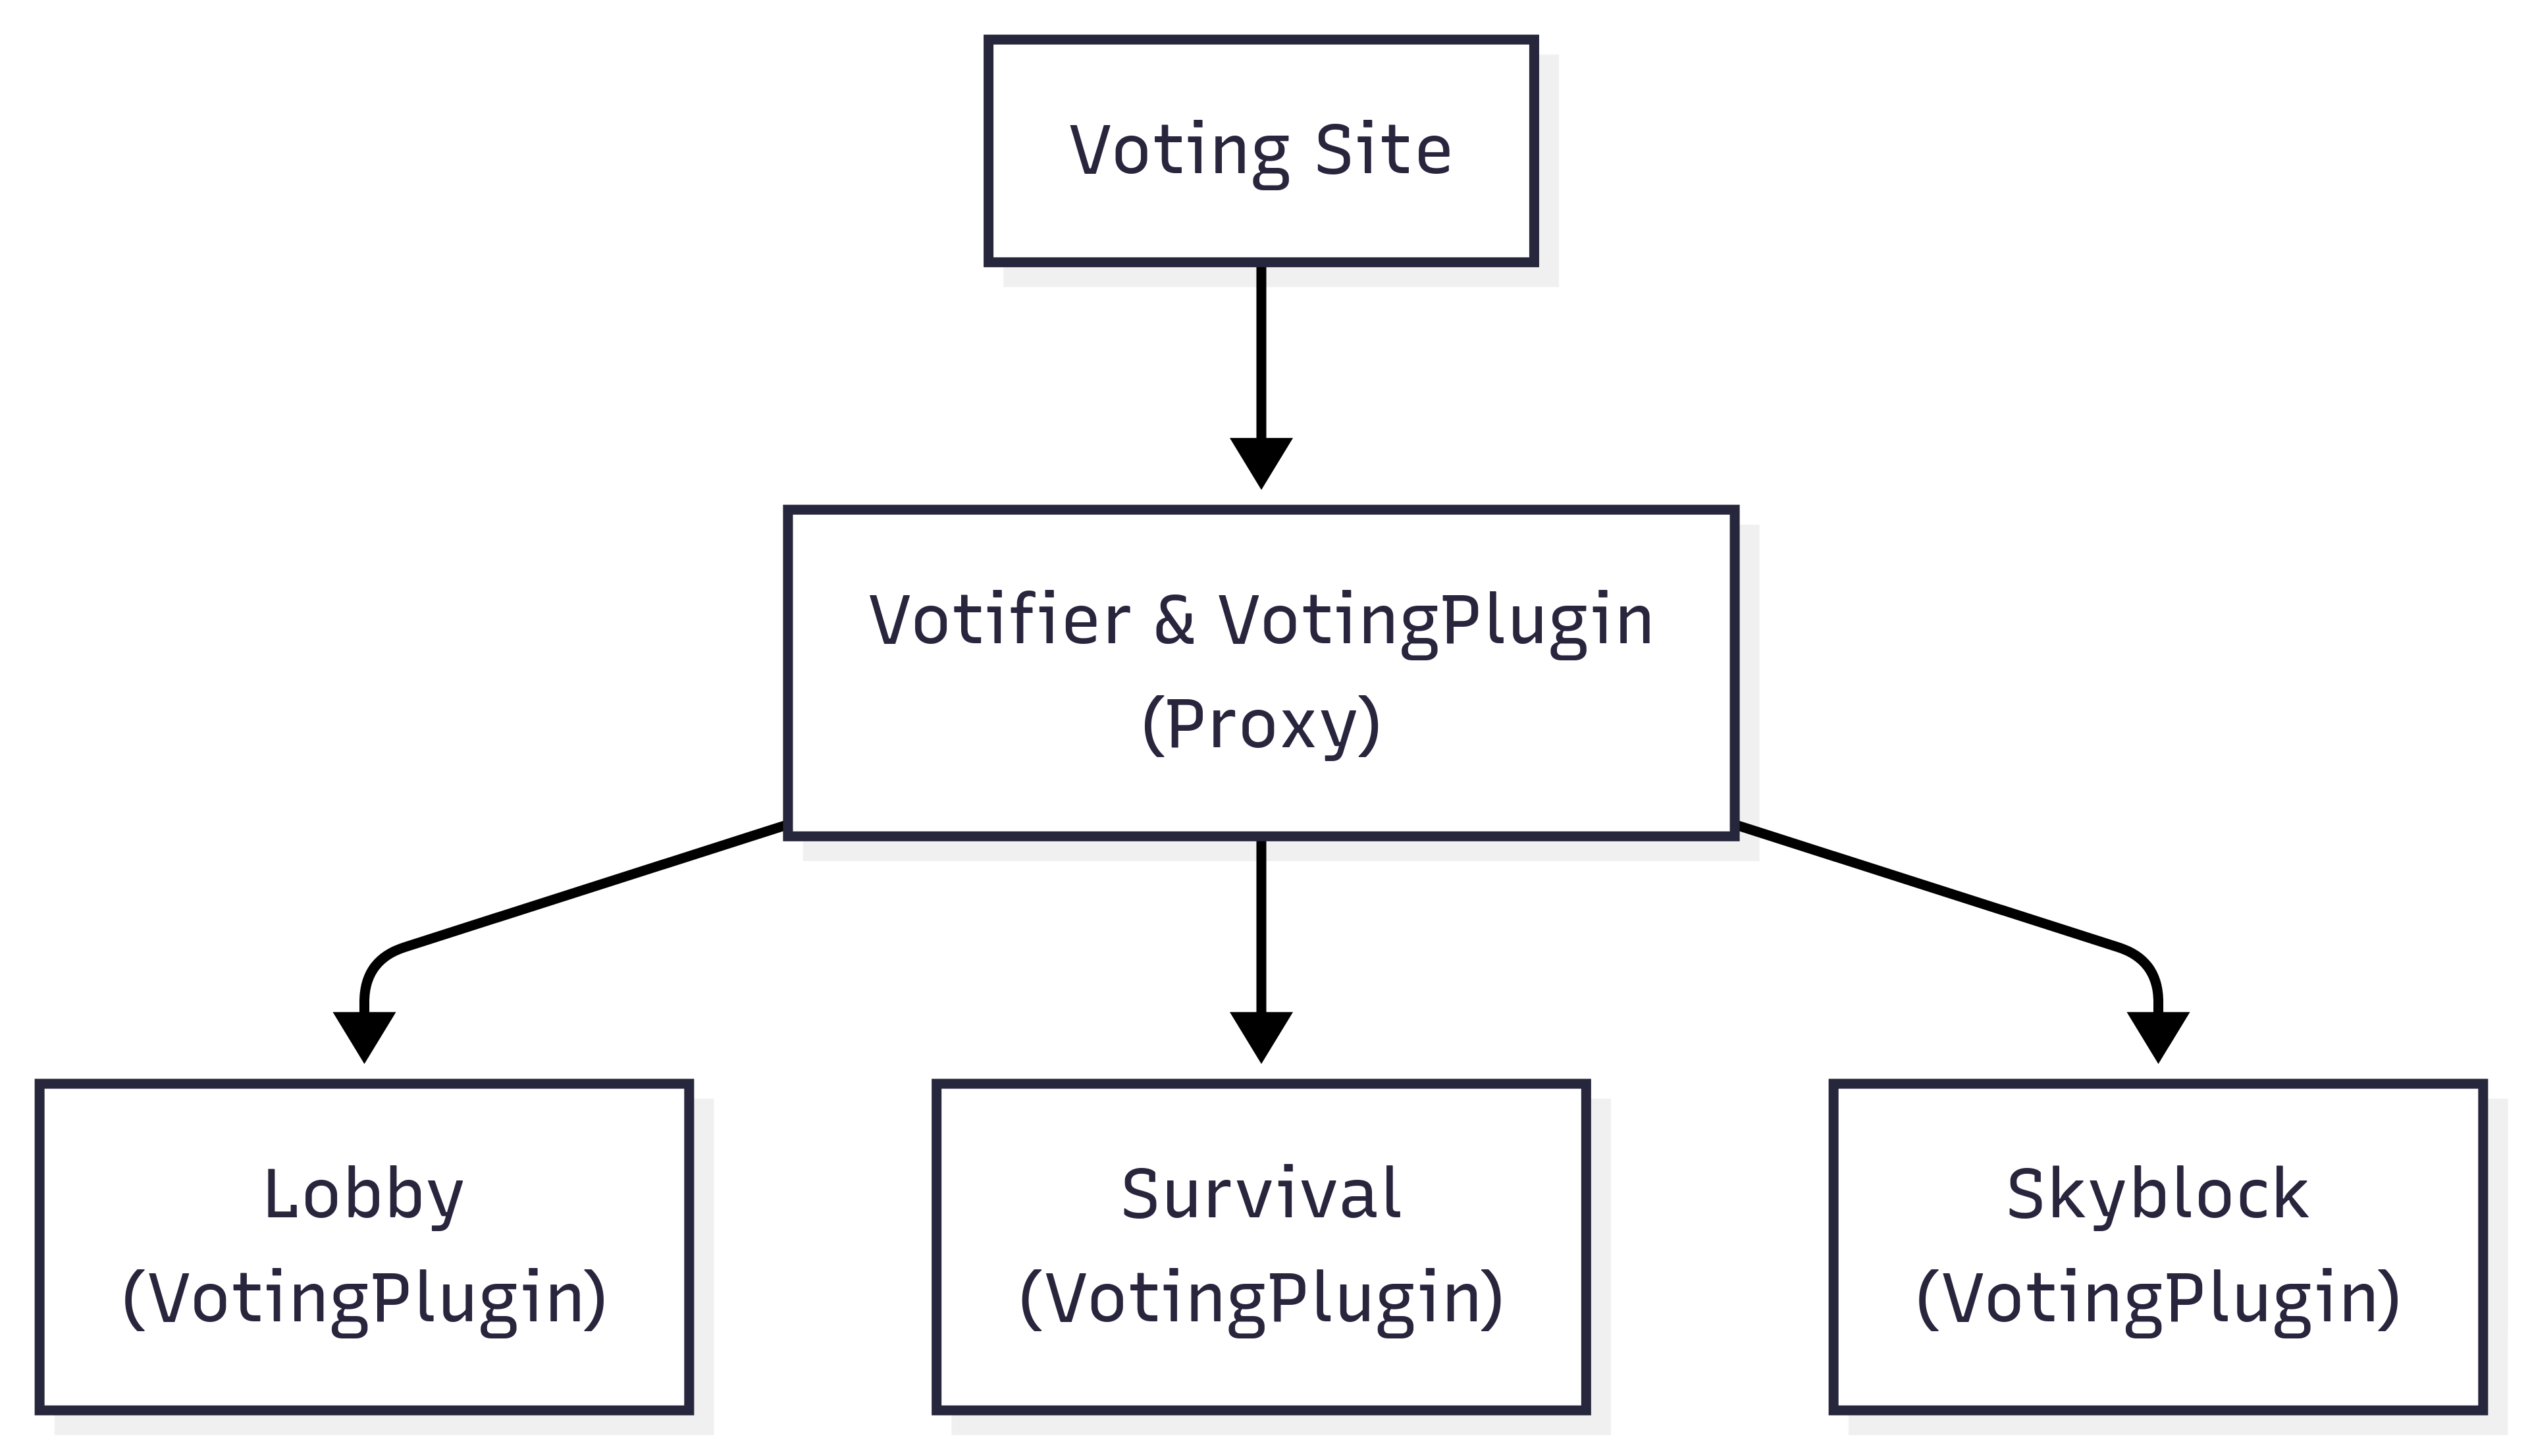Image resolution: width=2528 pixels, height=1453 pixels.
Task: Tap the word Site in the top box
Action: click(1382, 151)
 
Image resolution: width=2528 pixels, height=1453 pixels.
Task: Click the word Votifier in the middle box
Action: click(999, 621)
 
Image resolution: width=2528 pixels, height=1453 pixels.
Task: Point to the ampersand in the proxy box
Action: click(1174, 621)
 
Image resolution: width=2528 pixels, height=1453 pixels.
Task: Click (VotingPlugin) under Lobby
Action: click(363, 1300)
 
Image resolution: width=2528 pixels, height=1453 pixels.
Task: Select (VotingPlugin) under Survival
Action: click(1261, 1300)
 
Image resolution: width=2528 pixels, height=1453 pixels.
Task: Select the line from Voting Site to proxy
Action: click(1261, 350)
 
